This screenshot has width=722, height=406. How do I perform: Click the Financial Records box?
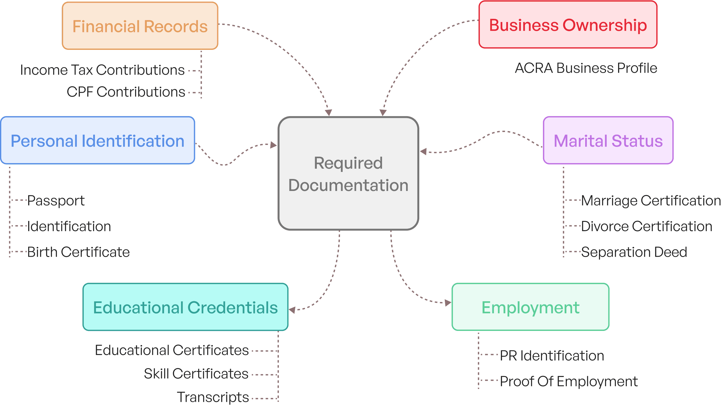pyautogui.click(x=140, y=26)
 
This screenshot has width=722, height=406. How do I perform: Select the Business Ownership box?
pyautogui.click(x=568, y=25)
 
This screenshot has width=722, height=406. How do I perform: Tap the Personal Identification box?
pyautogui.click(x=97, y=141)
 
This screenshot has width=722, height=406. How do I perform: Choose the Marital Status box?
pyautogui.click(x=608, y=141)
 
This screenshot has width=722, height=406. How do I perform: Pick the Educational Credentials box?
pyautogui.click(x=185, y=307)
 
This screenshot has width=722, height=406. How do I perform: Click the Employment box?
pyautogui.click(x=530, y=307)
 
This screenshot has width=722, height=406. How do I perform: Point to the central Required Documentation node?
pyautogui.click(x=348, y=174)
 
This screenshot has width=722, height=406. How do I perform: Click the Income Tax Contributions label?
pyautogui.click(x=102, y=70)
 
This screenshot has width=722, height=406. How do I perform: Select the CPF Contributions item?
pyautogui.click(x=126, y=92)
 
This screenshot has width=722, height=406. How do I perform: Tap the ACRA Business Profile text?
pyautogui.click(x=586, y=68)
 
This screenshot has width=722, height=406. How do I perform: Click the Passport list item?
pyautogui.click(x=56, y=201)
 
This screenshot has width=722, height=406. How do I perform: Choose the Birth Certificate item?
pyautogui.click(x=78, y=252)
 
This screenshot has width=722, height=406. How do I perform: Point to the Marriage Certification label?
pyautogui.click(x=651, y=201)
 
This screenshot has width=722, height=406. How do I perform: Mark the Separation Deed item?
pyautogui.click(x=634, y=252)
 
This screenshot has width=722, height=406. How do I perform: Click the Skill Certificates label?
pyautogui.click(x=196, y=374)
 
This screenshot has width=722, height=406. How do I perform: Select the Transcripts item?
pyautogui.click(x=213, y=397)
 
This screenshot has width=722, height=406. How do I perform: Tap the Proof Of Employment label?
pyautogui.click(x=569, y=381)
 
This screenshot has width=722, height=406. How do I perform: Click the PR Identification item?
pyautogui.click(x=552, y=356)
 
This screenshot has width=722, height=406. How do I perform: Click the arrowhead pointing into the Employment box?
pyautogui.click(x=448, y=302)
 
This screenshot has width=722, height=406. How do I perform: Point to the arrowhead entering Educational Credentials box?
pyautogui.click(x=292, y=309)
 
